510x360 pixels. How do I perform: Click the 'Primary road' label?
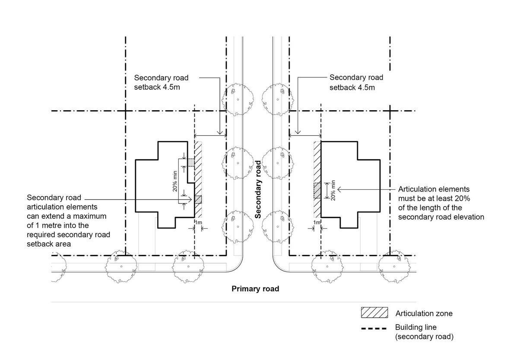[255, 289]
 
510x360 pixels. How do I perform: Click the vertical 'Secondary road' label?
[259, 189]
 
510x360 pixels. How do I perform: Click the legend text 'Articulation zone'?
[424, 313]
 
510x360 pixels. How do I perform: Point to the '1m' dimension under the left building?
[198, 222]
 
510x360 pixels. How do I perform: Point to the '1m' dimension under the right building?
[317, 222]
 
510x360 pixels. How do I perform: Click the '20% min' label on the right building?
[333, 190]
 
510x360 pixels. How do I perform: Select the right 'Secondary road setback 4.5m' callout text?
[356, 83]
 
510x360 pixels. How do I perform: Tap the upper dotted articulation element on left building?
[192, 162]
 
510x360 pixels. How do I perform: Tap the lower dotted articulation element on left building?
[198, 200]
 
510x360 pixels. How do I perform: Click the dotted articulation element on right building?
[317, 191]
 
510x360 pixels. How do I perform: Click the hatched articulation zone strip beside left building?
[198, 179]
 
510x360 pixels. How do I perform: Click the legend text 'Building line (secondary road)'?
[424, 332]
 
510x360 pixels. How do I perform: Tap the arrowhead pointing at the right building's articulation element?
[339, 189]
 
